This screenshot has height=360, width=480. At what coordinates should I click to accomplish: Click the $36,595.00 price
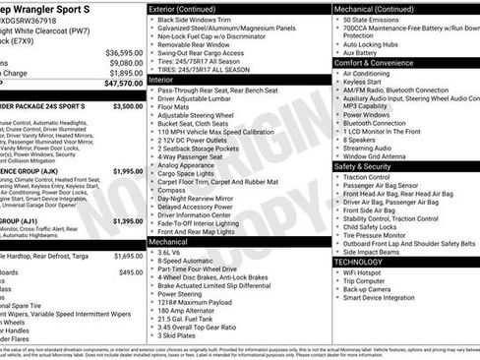pos(123,51)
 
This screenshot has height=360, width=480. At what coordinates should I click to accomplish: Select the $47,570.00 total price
pos(121,85)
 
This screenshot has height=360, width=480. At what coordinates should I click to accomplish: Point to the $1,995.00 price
pos(123,170)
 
